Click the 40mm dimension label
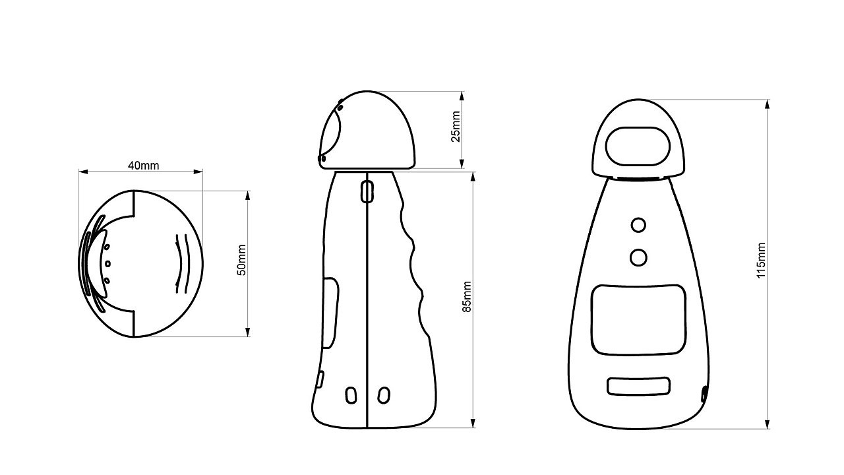(x=143, y=166)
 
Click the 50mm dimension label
(x=242, y=260)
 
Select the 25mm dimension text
(x=456, y=127)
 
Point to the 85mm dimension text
(x=467, y=296)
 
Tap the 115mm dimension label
(x=762, y=260)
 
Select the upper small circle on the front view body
(x=638, y=225)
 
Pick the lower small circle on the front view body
(x=638, y=257)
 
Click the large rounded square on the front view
(x=638, y=319)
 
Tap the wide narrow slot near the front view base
(x=638, y=386)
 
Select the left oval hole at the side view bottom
(x=351, y=395)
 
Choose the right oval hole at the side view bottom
(x=383, y=395)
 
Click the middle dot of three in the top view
(x=108, y=264)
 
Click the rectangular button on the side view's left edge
(x=332, y=313)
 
